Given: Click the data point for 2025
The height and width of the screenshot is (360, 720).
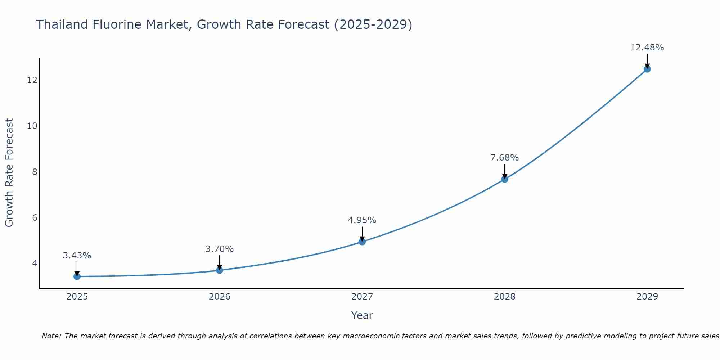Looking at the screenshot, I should pyautogui.click(x=77, y=276).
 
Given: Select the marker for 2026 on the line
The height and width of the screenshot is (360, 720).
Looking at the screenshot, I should pyautogui.click(x=220, y=270).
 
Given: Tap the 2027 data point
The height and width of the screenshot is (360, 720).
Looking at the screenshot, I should pyautogui.click(x=362, y=242).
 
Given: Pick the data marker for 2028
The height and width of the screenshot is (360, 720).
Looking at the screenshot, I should pyautogui.click(x=505, y=179).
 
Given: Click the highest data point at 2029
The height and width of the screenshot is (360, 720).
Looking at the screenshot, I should pyautogui.click(x=647, y=69).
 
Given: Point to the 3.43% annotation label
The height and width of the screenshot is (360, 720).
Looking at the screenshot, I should pyautogui.click(x=77, y=256).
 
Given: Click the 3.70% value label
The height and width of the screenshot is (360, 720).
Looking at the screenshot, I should pyautogui.click(x=220, y=249).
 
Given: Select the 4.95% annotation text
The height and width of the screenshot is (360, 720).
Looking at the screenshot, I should pyautogui.click(x=362, y=220).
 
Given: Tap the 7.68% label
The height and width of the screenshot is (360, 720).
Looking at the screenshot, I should pyautogui.click(x=505, y=158).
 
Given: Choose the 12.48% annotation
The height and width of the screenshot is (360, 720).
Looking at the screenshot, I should pyautogui.click(x=647, y=48).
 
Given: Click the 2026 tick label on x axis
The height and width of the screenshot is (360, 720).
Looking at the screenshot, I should pyautogui.click(x=220, y=297).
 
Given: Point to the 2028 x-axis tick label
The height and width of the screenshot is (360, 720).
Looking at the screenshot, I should pyautogui.click(x=505, y=297).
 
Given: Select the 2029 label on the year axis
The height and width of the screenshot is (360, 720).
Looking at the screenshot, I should pyautogui.click(x=647, y=297).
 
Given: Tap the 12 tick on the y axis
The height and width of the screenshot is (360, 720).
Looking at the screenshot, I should pyautogui.click(x=32, y=80).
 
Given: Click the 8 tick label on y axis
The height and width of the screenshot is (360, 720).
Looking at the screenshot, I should pyautogui.click(x=35, y=172).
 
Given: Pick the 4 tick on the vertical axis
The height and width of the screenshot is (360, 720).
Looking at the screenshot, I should pyautogui.click(x=35, y=263).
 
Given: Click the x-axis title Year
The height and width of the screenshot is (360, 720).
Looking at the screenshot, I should pyautogui.click(x=362, y=315).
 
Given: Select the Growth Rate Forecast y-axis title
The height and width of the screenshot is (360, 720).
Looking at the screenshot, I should pyautogui.click(x=9, y=173).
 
